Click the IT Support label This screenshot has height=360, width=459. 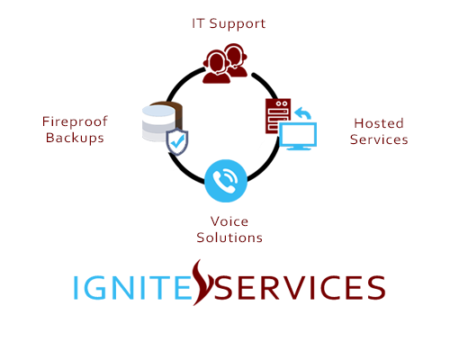pyautogui.click(x=229, y=24)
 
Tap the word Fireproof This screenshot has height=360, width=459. pyautogui.click(x=75, y=121)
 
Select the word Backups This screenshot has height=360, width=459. pyautogui.click(x=75, y=138)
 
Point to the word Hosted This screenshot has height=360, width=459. pyautogui.click(x=379, y=123)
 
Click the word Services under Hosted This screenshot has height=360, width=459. pyautogui.click(x=379, y=139)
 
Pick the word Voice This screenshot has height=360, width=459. pyautogui.click(x=229, y=221)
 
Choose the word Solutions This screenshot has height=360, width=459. pyautogui.click(x=229, y=238)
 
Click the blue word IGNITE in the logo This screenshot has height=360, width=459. pyautogui.click(x=132, y=287)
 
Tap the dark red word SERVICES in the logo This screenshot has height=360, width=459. pyautogui.click(x=300, y=287)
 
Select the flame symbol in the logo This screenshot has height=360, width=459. pyautogui.click(x=202, y=283)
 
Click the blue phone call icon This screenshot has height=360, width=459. pyautogui.click(x=226, y=181)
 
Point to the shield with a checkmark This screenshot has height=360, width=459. pyautogui.click(x=177, y=141)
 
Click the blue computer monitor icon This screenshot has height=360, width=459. pyautogui.click(x=298, y=136)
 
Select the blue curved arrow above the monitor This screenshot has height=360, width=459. pyautogui.click(x=302, y=113)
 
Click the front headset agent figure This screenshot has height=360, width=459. pyautogui.click(x=216, y=67)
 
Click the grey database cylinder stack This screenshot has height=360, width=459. pyautogui.click(x=158, y=123)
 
